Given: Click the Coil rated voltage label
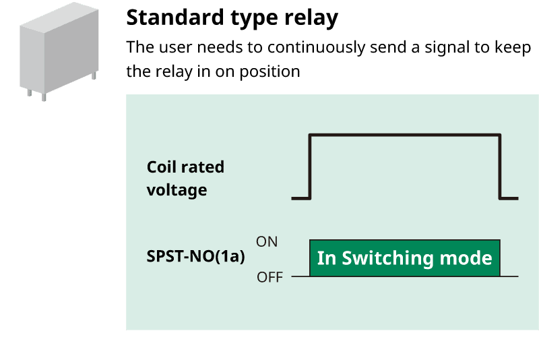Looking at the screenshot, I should pos(185,178).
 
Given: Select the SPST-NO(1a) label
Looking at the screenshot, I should pos(195,257).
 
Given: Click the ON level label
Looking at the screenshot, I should pos(267,241).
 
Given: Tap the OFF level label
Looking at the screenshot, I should pos(270,277).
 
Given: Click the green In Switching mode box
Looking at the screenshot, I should pos(404,258).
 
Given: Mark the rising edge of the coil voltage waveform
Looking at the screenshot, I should pos(309,167).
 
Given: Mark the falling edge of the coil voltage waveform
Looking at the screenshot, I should pos(499,167).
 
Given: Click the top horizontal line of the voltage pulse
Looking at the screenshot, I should pos(404,136).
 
